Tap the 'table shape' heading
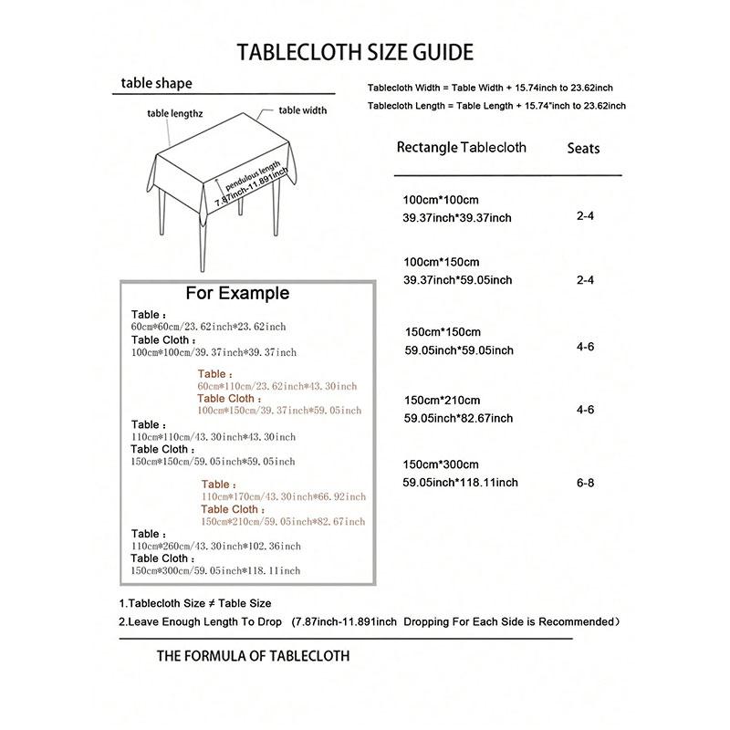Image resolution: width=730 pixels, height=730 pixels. coord(157,84)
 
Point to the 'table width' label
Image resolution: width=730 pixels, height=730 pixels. coord(302,110)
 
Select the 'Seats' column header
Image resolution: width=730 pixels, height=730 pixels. coord(583,148)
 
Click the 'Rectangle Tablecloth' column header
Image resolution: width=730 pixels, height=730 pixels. coord(461,148)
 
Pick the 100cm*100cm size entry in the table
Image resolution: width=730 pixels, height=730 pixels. coord(441,200)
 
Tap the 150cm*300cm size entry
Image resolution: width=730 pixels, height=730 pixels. coord(441,465)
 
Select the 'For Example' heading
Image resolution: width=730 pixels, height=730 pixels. coord(237,294)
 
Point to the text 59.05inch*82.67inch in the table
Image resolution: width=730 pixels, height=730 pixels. coord(458,419)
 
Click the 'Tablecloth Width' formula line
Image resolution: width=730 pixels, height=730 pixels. coord(489,88)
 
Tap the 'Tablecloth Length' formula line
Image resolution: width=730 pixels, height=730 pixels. coord(495,107)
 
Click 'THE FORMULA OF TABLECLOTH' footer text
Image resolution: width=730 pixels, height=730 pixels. coord(253,656)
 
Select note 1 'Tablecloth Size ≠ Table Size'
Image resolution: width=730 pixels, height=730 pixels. coord(195,604)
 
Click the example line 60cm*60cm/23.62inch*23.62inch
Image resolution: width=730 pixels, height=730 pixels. coord(208,327)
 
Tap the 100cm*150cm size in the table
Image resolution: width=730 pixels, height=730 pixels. coord(441,263)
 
